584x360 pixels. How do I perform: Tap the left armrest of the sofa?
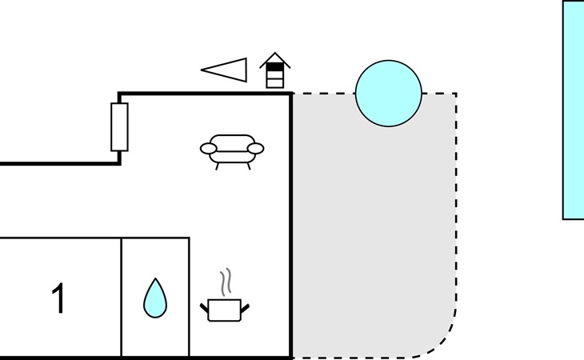[209, 149]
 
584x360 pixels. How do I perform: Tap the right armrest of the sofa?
[255, 149]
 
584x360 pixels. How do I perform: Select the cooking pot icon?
[225, 310]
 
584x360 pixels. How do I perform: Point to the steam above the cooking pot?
[226, 282]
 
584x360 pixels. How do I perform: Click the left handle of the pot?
[204, 308]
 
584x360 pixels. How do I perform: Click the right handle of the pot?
[245, 308]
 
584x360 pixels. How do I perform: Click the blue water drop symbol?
[155, 298]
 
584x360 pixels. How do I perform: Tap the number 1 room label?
[58, 298]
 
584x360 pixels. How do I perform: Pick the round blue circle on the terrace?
[389, 94]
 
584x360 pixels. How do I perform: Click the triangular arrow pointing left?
[224, 70]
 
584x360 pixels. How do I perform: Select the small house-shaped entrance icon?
[275, 70]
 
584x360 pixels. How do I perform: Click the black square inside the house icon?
[275, 66]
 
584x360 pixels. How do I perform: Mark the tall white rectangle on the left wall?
[119, 127]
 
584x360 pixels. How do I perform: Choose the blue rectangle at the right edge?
[574, 110]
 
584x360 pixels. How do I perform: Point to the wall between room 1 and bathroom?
[121, 298]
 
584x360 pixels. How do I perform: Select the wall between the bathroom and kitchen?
[190, 298]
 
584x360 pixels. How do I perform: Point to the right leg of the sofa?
[249, 166]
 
